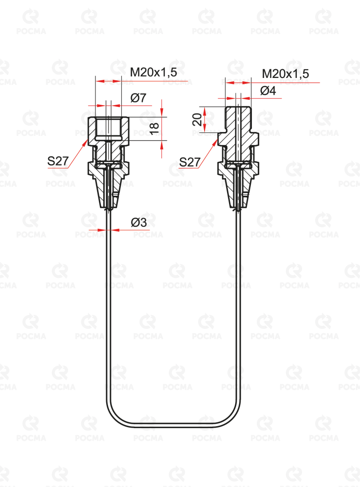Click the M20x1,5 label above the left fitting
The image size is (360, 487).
(x=153, y=73)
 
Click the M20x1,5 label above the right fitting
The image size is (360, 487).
(x=285, y=74)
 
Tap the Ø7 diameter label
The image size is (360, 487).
(x=138, y=98)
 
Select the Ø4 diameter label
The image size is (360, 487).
(x=268, y=91)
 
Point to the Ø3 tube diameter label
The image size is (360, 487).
(x=138, y=223)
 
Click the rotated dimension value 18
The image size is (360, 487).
(x=154, y=128)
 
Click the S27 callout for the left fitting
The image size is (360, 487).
(x=58, y=161)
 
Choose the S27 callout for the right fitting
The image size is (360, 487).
(x=190, y=162)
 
